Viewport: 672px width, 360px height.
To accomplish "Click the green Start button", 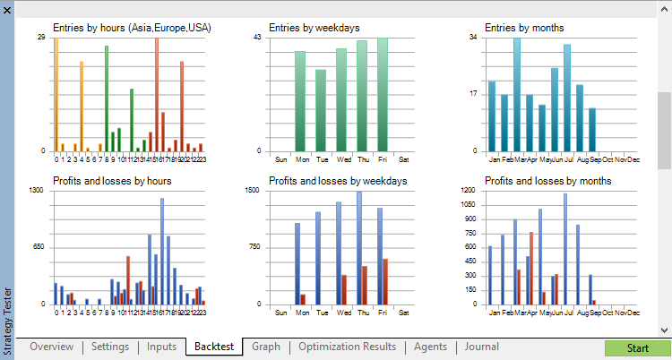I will pos(637,347).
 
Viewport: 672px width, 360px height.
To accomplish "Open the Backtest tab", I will pos(213,347).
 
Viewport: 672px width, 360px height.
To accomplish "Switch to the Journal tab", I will pos(481,347).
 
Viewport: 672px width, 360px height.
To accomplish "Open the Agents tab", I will pos(430,347).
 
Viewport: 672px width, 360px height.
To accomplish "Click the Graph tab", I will pos(266,347).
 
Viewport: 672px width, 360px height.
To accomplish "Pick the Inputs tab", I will pos(161,347).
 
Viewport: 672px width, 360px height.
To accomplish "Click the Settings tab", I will pos(110,347).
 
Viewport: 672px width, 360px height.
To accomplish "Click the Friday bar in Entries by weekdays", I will pos(383,94).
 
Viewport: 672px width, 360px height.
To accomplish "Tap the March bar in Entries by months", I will pos(517,94).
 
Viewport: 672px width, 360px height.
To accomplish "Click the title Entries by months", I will pos(524,28).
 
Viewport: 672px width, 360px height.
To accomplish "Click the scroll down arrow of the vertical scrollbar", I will pos(664,329).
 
